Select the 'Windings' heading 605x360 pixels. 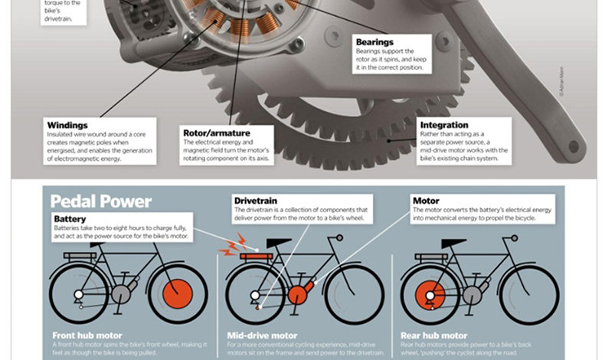(67, 125)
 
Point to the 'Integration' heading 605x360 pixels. (444, 125)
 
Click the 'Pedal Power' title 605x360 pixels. (101, 202)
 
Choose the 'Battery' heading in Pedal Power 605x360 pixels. (70, 218)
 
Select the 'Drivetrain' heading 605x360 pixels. (257, 201)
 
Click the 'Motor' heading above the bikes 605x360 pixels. (426, 201)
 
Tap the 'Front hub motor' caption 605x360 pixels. (87, 335)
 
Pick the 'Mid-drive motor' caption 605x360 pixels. (263, 335)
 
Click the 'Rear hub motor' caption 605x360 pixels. (434, 335)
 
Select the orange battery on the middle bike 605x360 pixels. (257, 256)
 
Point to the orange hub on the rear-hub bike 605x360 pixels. (429, 294)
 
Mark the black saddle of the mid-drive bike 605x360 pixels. (280, 243)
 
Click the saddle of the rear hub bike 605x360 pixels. (454, 243)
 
